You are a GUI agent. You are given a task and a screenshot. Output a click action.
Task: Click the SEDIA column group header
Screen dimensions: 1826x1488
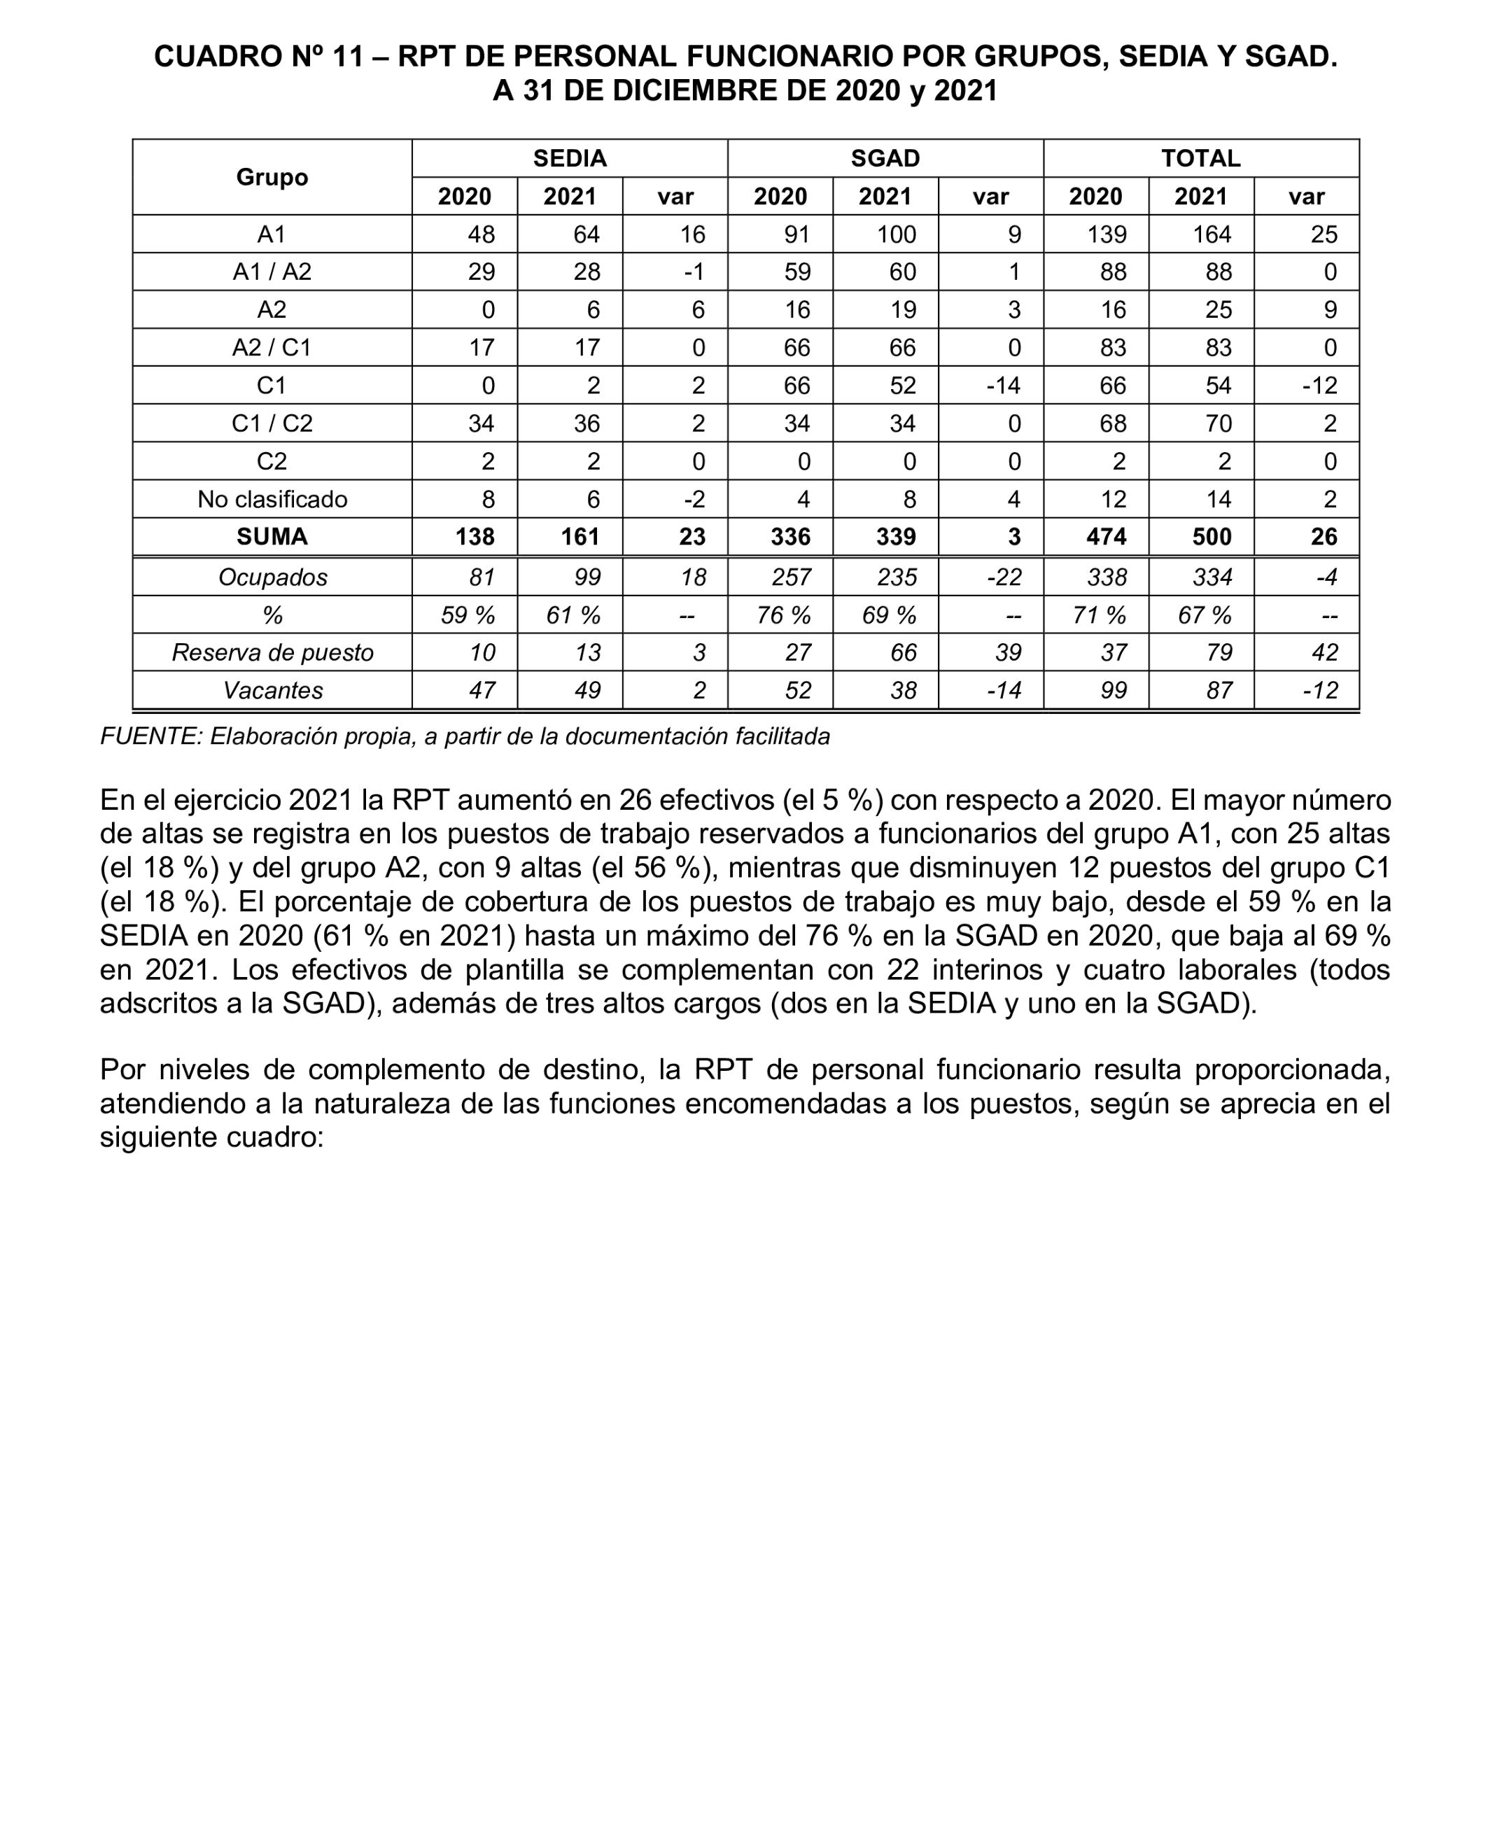(569, 158)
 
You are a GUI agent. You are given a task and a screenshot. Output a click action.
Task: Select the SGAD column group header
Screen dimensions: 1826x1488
(885, 158)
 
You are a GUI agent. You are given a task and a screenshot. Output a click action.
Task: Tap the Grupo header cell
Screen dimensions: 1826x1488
(272, 177)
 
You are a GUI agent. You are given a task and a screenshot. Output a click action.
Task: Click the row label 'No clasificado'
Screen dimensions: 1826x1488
(272, 500)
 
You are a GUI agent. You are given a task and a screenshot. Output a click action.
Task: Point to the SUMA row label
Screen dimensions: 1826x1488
(272, 538)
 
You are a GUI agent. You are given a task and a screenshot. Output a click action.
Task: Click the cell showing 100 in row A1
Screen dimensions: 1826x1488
(896, 234)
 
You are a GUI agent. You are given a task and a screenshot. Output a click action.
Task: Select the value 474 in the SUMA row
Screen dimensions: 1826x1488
(1106, 538)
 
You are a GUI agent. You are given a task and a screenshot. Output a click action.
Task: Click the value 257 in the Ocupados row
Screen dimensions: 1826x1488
(790, 577)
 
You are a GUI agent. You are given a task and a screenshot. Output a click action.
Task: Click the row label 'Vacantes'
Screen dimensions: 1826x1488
(272, 691)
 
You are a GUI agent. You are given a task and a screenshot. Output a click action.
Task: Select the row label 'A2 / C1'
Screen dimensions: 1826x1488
(272, 348)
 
